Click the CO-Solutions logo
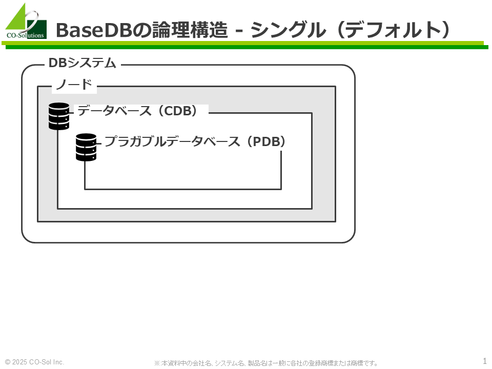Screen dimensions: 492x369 pyautogui.click(x=26, y=22)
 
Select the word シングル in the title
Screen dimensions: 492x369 pyautogui.click(x=288, y=30)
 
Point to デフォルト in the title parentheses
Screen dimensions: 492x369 pyautogui.click(x=394, y=30)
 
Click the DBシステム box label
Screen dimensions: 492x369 pyautogui.click(x=83, y=63)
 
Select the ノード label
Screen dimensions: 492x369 pyautogui.click(x=74, y=85)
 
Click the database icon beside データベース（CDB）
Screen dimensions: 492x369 pyautogui.click(x=59, y=116)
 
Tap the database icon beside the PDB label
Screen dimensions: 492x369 pyautogui.click(x=86, y=147)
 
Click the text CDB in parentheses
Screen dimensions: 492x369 pyautogui.click(x=178, y=111)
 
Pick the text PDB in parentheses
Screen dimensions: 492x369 pyautogui.click(x=266, y=141)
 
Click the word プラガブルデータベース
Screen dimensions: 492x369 pyautogui.click(x=172, y=141)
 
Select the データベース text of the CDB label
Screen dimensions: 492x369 pyautogui.click(x=114, y=111)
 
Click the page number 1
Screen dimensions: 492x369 pyautogui.click(x=484, y=361)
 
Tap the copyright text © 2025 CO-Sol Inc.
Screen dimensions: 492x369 pyautogui.click(x=34, y=362)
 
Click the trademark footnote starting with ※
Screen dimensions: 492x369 pyautogui.click(x=265, y=363)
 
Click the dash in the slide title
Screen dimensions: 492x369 pyautogui.click(x=239, y=31)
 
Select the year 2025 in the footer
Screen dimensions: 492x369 pyautogui.click(x=20, y=362)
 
